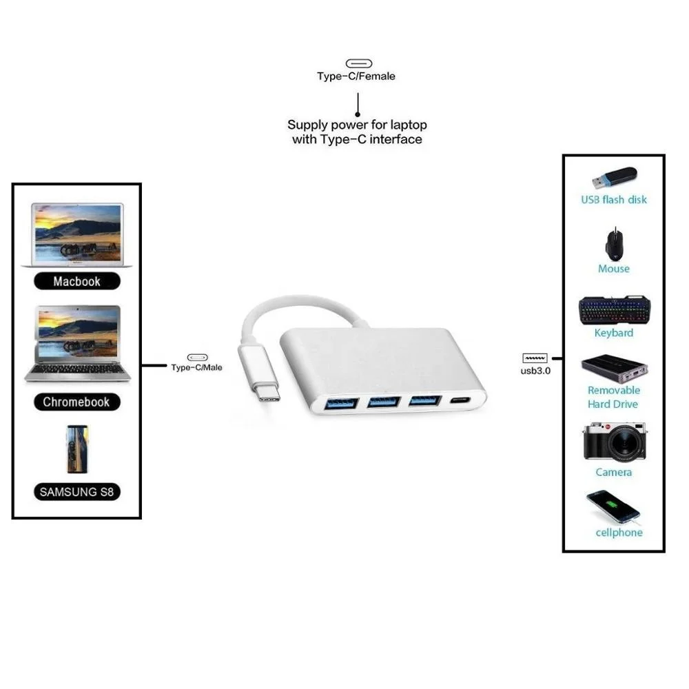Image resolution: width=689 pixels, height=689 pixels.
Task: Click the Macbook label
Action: click(76, 281)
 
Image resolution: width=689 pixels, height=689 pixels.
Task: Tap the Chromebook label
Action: click(76, 402)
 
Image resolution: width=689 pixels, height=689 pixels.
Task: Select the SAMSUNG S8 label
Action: click(76, 492)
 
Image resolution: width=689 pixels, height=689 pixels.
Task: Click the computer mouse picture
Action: click(614, 244)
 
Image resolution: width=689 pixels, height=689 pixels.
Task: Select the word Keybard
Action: click(614, 333)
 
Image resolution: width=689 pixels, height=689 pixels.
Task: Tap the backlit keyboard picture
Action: click(614, 309)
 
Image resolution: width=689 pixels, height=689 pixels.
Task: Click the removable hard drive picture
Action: click(615, 369)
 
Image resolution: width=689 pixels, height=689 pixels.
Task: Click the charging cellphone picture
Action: click(613, 506)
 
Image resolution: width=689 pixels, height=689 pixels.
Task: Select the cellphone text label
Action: click(619, 533)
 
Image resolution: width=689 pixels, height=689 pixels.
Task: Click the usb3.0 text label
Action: click(535, 371)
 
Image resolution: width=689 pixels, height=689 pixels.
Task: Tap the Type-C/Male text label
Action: click(197, 368)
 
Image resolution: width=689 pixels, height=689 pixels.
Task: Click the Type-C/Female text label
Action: click(356, 76)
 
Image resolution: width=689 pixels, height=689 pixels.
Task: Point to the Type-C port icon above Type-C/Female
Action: click(358, 63)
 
